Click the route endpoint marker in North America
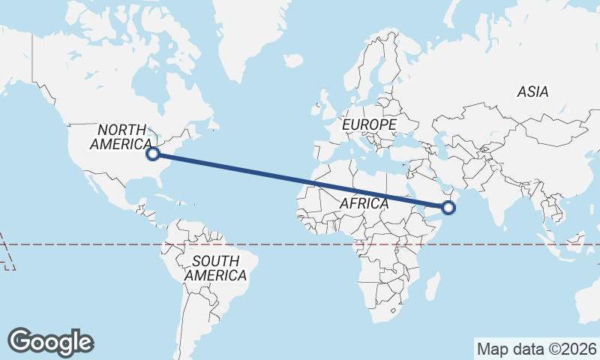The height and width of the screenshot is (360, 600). [153, 154]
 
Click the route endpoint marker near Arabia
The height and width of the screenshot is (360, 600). [449, 207]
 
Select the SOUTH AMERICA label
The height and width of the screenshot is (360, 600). [216, 268]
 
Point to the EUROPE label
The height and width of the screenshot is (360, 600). [369, 124]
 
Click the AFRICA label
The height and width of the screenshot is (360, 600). [364, 203]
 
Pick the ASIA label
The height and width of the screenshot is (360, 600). [532, 92]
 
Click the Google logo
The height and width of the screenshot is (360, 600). [51, 342]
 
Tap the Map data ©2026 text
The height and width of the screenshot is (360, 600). [537, 349]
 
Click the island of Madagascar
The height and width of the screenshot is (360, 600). [432, 286]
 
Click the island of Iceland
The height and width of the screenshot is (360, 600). [294, 60]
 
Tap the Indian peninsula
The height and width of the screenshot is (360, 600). [498, 206]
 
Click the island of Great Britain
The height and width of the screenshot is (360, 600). [328, 99]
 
